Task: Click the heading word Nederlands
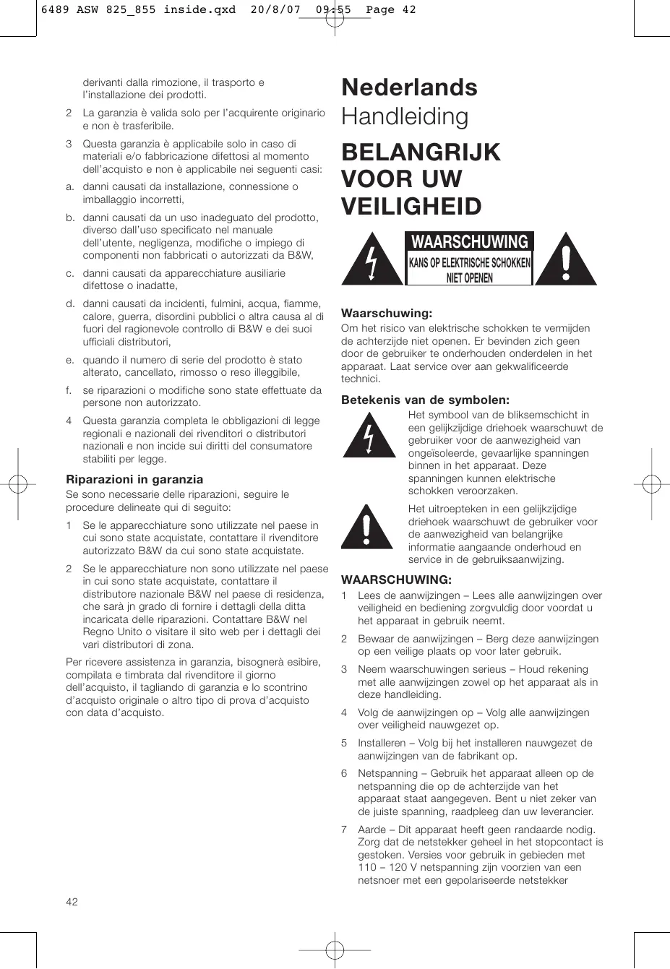(x=409, y=87)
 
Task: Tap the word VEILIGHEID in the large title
(x=411, y=207)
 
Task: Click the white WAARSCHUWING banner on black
(x=470, y=241)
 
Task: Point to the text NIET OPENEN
(x=469, y=277)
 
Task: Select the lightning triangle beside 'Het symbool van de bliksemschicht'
(x=369, y=435)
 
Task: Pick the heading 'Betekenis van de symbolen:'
(x=425, y=400)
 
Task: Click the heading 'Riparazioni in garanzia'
(x=134, y=479)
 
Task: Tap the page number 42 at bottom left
(x=72, y=901)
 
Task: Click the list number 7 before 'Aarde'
(x=344, y=830)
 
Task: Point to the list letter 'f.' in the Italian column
(x=70, y=390)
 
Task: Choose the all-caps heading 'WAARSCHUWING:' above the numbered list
(x=396, y=580)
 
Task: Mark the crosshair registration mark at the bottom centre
(x=334, y=948)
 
